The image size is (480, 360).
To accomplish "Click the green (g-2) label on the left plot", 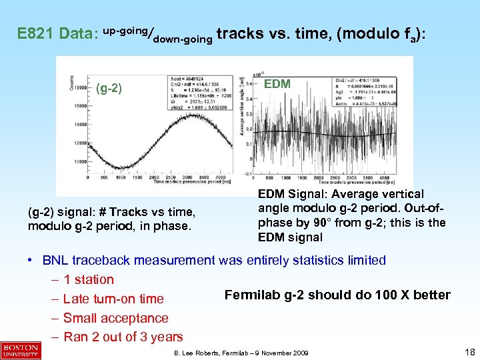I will point(109,88).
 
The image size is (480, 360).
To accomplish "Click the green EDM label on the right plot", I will point(278,85).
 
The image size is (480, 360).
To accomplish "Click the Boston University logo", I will point(21,351).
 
